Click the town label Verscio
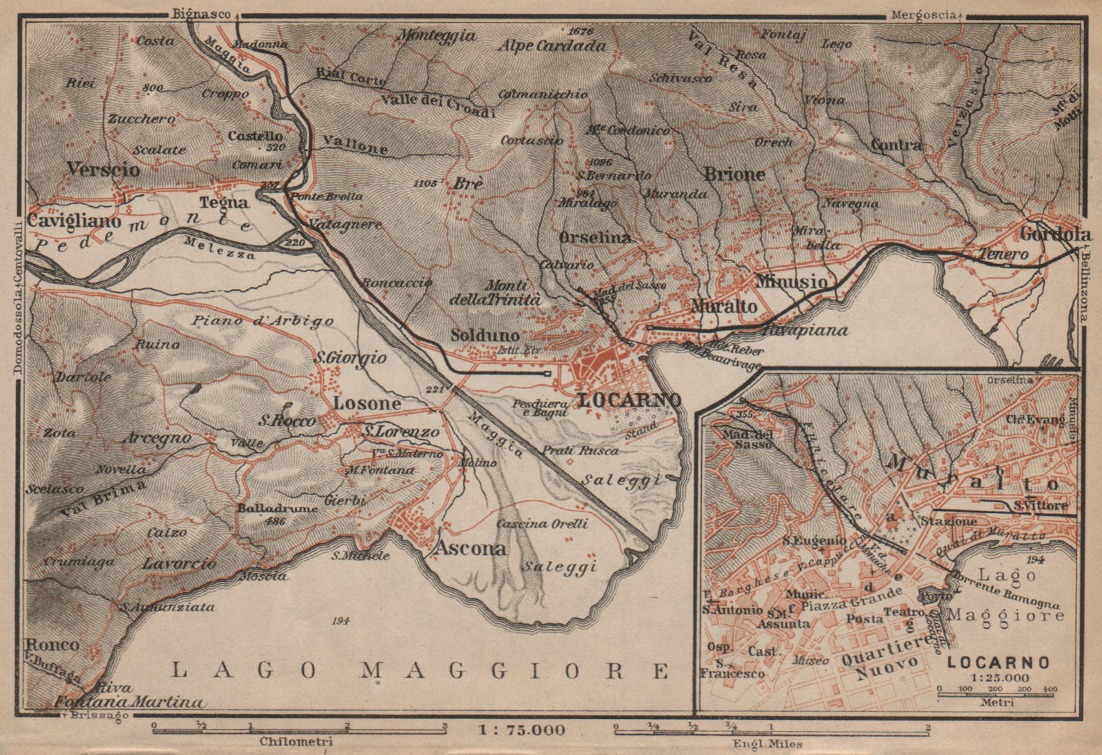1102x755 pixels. tap(103, 169)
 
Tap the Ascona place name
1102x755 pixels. tap(470, 549)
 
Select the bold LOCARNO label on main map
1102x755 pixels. tap(630, 400)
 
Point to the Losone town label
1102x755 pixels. tap(367, 403)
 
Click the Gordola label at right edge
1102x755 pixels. tap(1056, 234)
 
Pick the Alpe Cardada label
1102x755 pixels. tap(553, 46)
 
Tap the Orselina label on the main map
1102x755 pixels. tap(595, 237)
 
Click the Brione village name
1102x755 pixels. tap(734, 174)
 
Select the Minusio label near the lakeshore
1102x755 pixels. tap(791, 281)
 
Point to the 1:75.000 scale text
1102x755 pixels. tap(521, 729)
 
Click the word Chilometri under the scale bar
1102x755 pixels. tap(295, 742)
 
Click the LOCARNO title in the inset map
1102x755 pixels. tap(998, 663)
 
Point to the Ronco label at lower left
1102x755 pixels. tap(53, 645)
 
